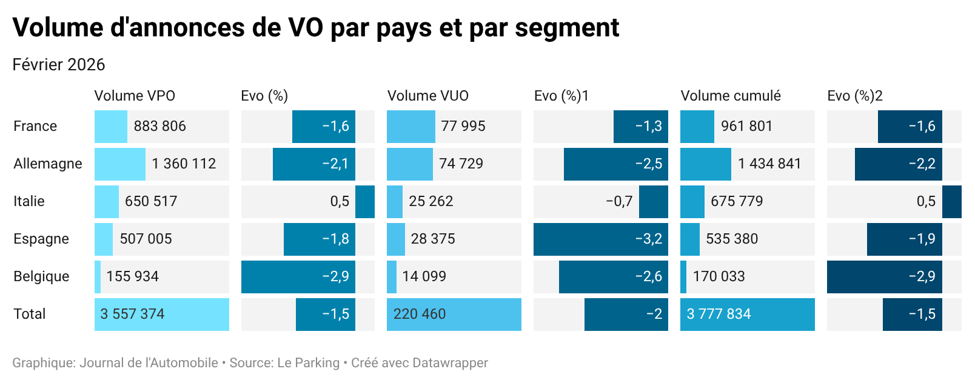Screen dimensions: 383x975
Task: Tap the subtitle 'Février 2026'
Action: [x=59, y=65]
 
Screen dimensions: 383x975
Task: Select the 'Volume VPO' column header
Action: [x=135, y=96]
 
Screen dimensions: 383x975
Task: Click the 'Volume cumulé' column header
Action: [x=731, y=96]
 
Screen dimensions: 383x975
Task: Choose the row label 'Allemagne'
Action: [x=48, y=164]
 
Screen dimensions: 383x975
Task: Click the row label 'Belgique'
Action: [x=41, y=276]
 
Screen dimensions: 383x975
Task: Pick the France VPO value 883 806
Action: [x=159, y=126]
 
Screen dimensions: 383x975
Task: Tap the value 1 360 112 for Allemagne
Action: [x=184, y=164]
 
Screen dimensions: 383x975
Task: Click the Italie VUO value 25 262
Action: [x=431, y=201]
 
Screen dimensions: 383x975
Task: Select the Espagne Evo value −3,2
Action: [x=648, y=239]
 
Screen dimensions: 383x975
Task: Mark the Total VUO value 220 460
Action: [x=420, y=314]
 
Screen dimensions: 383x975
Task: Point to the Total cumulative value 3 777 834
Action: [x=719, y=314]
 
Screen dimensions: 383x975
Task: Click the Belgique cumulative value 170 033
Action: [x=719, y=276]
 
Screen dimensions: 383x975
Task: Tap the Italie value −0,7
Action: [x=619, y=201]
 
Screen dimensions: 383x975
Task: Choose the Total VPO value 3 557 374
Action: [x=132, y=314]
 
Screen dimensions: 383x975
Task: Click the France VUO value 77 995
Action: [x=463, y=126]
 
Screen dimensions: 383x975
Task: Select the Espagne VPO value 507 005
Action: [x=146, y=239]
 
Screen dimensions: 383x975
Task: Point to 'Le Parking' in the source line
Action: [x=308, y=363]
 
